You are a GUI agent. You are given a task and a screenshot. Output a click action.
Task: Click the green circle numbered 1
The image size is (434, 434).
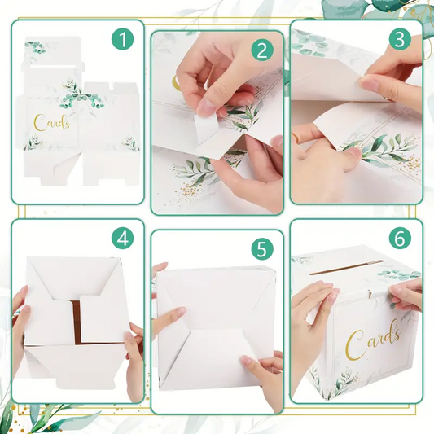point(123,39)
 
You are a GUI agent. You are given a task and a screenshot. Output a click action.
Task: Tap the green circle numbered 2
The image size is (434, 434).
point(262,50)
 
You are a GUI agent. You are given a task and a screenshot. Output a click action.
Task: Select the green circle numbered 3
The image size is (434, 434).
point(400,39)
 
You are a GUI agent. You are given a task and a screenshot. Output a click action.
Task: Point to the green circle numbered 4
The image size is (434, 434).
point(123,239)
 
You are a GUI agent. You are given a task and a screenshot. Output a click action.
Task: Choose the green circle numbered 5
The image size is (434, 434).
point(262,249)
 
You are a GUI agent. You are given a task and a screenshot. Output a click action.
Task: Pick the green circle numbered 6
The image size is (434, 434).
point(400,239)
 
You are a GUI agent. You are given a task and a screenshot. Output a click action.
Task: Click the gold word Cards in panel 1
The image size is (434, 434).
point(51,123)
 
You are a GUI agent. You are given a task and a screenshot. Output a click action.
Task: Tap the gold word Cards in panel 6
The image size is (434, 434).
point(373,341)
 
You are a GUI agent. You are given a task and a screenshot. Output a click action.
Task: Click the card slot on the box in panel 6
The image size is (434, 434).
point(346,267)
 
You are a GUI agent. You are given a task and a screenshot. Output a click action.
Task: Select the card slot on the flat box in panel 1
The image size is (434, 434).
point(53,67)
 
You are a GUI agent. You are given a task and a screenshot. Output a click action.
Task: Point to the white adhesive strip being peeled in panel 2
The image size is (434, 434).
point(205,129)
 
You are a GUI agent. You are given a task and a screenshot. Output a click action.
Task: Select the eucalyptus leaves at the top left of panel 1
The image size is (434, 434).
point(35,46)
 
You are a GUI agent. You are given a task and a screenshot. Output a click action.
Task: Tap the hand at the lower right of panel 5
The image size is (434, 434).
point(263,379)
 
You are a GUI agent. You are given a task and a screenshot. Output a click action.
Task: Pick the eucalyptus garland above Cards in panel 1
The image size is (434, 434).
point(82,96)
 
